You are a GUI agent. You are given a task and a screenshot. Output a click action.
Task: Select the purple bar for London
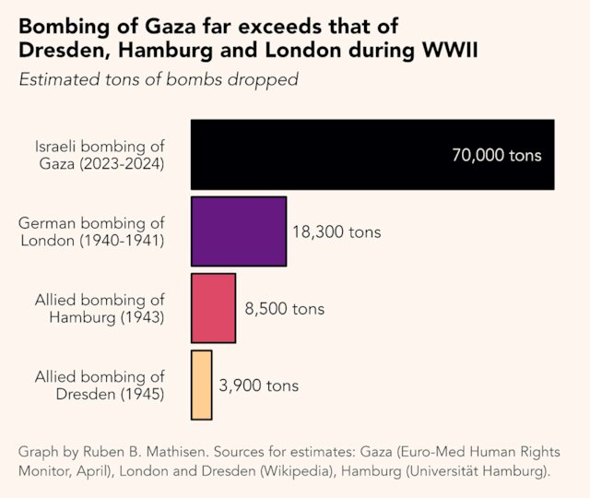239,231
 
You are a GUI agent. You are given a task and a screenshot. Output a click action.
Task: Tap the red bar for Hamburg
213,308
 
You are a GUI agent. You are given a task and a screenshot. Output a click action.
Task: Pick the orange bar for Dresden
202,385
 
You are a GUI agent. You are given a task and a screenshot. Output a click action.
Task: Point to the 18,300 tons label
336,232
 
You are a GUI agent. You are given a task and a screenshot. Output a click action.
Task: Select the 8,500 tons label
284,309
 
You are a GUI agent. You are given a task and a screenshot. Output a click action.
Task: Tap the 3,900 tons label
258,385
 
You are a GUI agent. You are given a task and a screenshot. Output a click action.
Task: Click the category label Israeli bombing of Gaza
100,155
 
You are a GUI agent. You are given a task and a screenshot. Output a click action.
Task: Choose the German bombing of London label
91,232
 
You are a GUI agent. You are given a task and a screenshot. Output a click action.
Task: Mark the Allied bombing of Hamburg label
100,309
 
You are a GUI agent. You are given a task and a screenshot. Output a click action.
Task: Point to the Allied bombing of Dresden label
100,385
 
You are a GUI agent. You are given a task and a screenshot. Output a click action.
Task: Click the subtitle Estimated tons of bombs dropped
158,79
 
